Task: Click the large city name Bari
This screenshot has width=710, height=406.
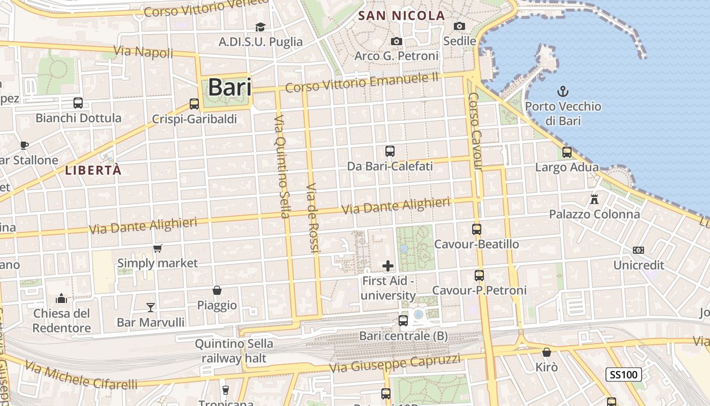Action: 230,87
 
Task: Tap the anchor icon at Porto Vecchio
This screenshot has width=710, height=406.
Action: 562,91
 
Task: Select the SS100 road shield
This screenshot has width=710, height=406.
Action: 624,375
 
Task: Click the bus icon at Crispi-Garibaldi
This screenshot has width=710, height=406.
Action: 194,104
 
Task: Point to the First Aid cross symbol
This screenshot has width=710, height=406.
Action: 388,265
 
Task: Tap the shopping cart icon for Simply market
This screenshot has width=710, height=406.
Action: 158,248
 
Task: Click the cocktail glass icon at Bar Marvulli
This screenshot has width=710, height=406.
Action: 151,307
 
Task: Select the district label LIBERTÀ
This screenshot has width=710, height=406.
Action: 93,171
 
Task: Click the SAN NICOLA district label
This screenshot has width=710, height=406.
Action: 401,16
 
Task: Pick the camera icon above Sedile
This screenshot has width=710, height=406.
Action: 459,26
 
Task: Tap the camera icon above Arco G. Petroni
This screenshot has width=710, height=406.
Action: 397,41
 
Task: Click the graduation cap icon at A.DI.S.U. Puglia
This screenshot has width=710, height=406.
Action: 260,27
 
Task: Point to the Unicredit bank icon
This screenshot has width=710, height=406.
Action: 638,250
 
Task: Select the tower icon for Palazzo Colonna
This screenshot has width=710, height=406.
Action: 594,199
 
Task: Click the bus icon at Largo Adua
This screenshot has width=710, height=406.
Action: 567,152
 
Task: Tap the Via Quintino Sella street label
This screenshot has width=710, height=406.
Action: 282,166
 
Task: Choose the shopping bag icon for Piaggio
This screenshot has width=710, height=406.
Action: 217,290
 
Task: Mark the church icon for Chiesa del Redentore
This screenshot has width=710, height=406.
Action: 62,298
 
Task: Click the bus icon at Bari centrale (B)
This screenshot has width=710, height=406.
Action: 403,321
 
